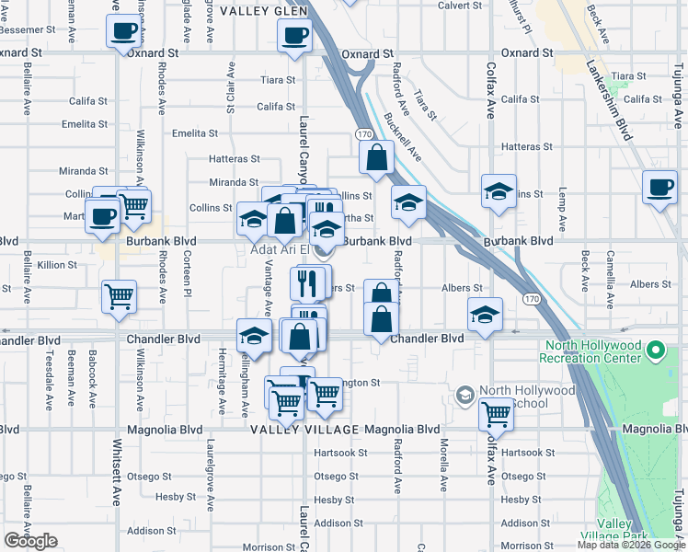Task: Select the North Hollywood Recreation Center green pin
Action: pos(656,351)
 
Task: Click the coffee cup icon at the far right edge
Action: pos(659,188)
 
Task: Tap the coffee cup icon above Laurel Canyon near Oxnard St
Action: pos(295,36)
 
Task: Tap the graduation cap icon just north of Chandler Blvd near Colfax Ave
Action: pos(485,315)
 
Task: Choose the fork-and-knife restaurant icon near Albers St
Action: pos(309,282)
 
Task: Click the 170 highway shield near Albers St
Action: pos(531,299)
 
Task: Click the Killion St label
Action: pos(57,265)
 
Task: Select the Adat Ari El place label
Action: pos(277,249)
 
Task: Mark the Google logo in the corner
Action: pos(30,541)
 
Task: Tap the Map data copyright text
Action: pos(631,545)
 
